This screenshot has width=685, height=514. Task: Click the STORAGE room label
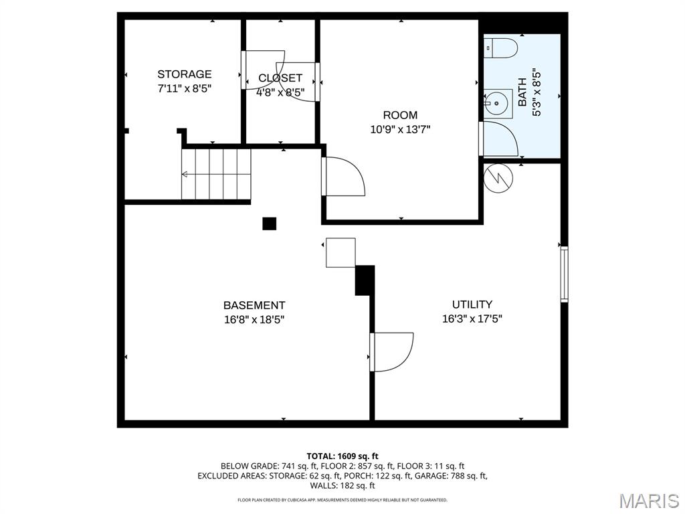tap(185, 74)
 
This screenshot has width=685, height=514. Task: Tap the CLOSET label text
tap(280, 78)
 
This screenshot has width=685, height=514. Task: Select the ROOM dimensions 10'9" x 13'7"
tap(400, 129)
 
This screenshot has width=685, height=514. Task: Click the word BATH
tap(522, 92)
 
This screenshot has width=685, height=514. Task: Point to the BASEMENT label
tap(254, 305)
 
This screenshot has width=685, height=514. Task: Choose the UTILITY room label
tap(472, 305)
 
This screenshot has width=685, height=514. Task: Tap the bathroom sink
tap(498, 103)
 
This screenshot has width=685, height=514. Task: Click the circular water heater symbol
tap(498, 178)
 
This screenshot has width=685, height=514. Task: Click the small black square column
tap(270, 224)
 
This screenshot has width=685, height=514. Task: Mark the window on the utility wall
tap(565, 274)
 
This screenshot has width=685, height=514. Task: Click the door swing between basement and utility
tap(391, 352)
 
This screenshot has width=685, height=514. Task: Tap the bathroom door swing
tap(498, 139)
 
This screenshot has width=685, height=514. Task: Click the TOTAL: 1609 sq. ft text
tap(342, 456)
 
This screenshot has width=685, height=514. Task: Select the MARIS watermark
tap(649, 501)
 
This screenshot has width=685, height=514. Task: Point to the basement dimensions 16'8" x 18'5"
tap(254, 319)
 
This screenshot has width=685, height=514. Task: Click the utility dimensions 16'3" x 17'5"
tap(472, 319)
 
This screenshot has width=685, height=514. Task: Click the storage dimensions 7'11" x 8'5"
tap(185, 88)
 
